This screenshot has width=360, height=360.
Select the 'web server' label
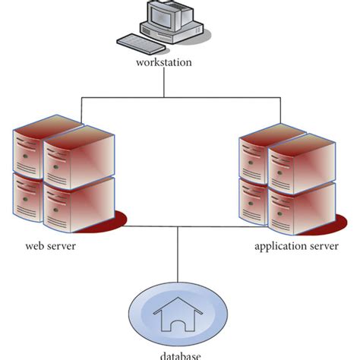pyautogui.click(x=50, y=247)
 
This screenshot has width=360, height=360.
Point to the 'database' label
pyautogui.click(x=180, y=355)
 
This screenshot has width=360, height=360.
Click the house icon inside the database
pyautogui.click(x=179, y=317)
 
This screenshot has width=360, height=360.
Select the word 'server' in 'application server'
pyautogui.click(x=320, y=247)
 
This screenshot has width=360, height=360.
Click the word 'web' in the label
pyautogui.click(x=33, y=247)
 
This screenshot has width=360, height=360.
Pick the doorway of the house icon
pyautogui.click(x=179, y=325)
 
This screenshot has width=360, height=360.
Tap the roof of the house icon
pyautogui.click(x=179, y=305)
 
